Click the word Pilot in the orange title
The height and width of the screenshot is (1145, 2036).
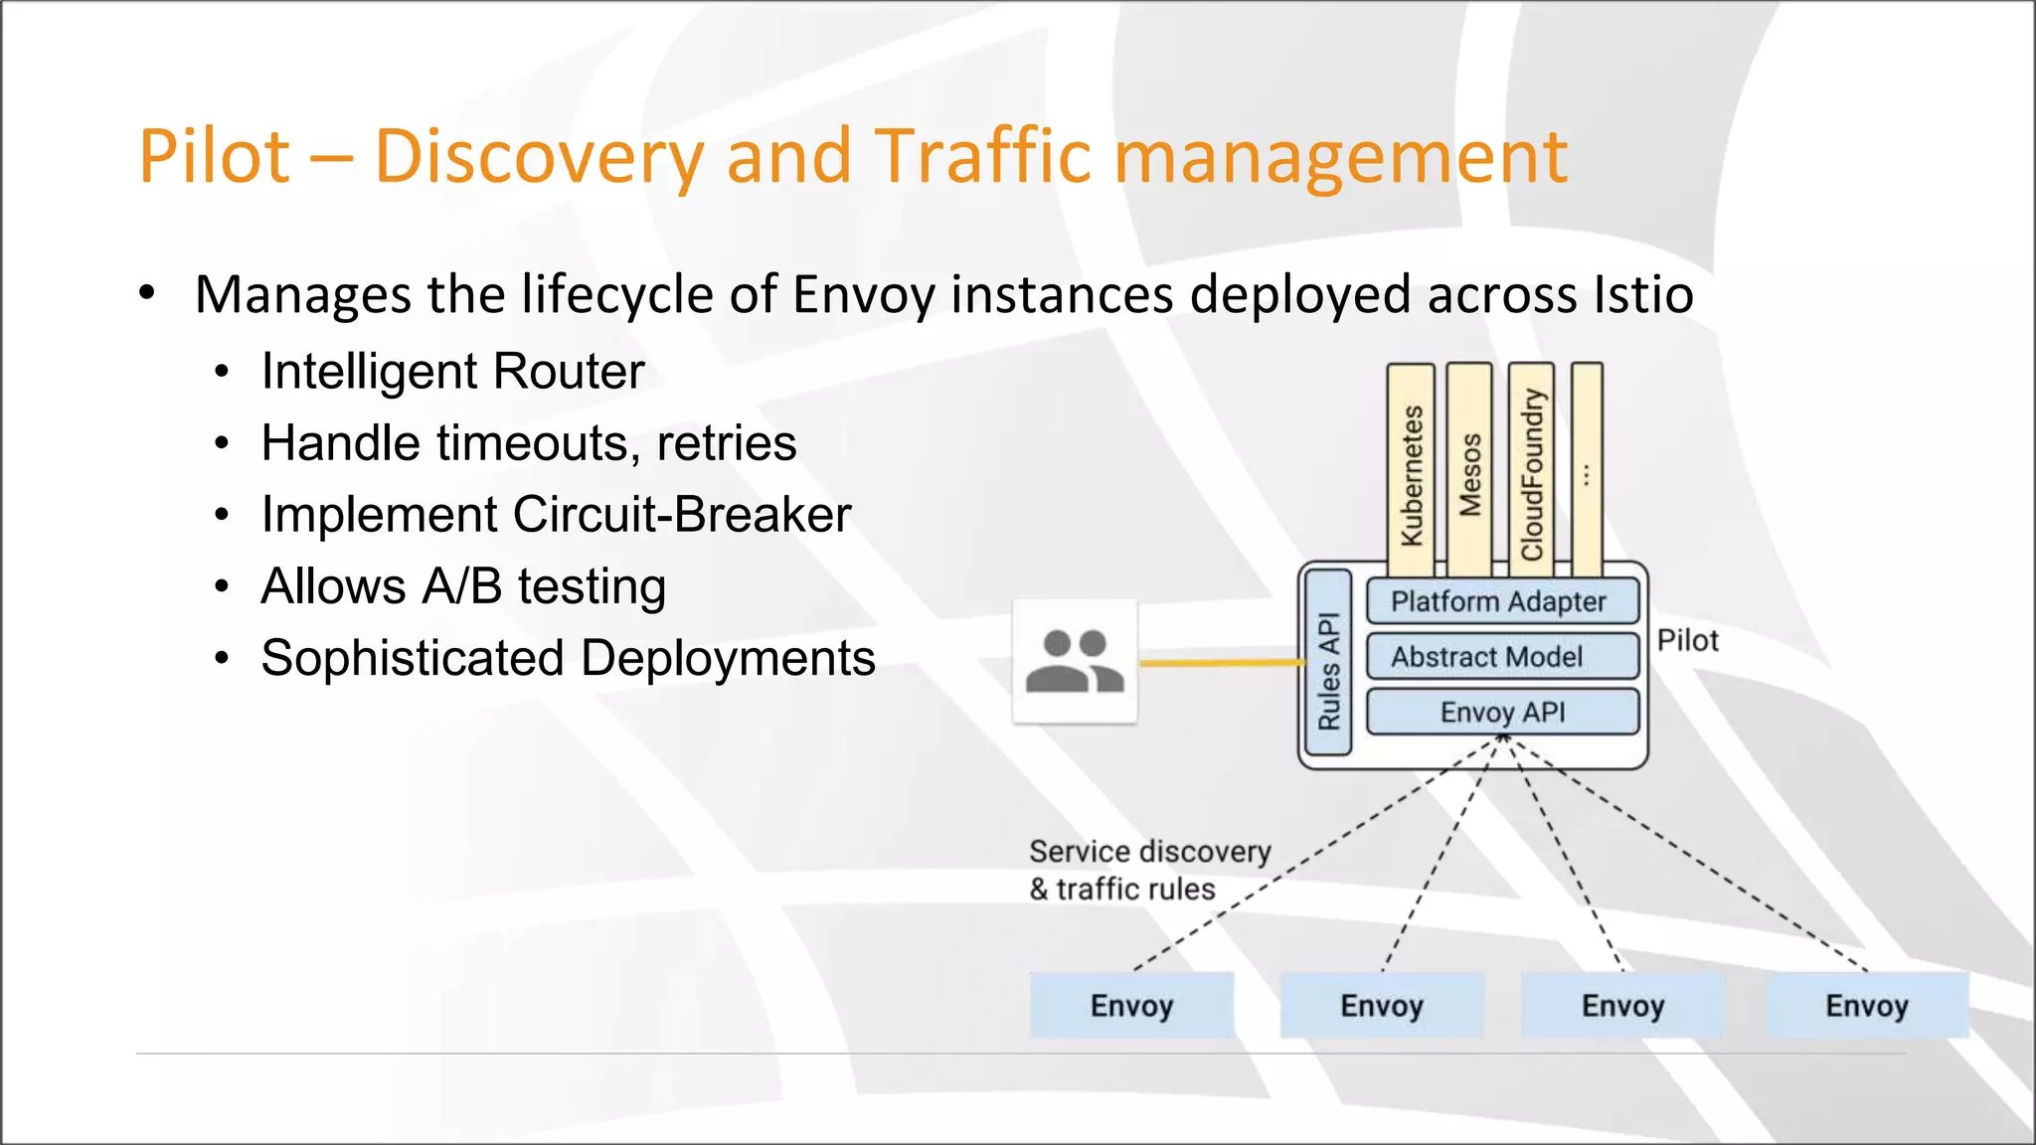pyautogui.click(x=215, y=157)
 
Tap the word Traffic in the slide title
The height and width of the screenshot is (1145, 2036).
pyautogui.click(x=983, y=157)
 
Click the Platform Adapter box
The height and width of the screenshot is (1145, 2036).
pyautogui.click(x=1502, y=601)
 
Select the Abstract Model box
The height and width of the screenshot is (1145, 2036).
pyautogui.click(x=1502, y=657)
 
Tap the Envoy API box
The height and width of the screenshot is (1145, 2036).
pyautogui.click(x=1502, y=713)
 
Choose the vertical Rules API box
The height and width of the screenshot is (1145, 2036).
pyautogui.click(x=1328, y=664)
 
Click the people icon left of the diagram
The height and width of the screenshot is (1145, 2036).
pyautogui.click(x=1075, y=662)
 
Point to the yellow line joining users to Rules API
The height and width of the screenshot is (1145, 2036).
pyautogui.click(x=1221, y=662)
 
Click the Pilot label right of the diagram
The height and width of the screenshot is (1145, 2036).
pyautogui.click(x=1687, y=641)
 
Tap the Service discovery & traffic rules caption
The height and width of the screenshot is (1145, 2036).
pyautogui.click(x=1149, y=870)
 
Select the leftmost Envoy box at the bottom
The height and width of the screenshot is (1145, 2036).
pyautogui.click(x=1131, y=1006)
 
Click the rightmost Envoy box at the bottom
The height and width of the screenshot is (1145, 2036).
pyautogui.click(x=1867, y=1006)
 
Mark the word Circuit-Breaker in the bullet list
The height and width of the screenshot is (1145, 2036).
pyautogui.click(x=682, y=515)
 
